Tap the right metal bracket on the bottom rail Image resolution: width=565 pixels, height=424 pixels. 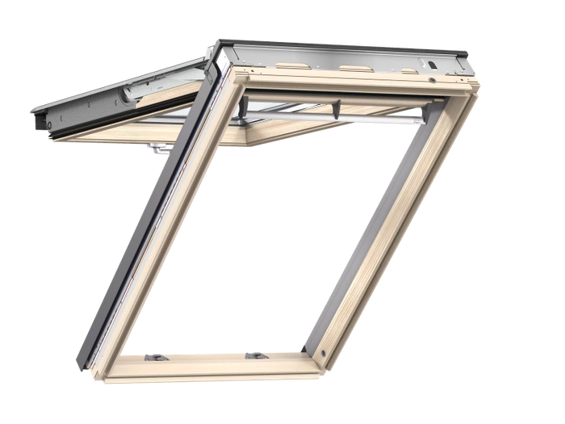[256, 354]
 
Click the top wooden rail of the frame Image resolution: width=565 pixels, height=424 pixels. [355, 86]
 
